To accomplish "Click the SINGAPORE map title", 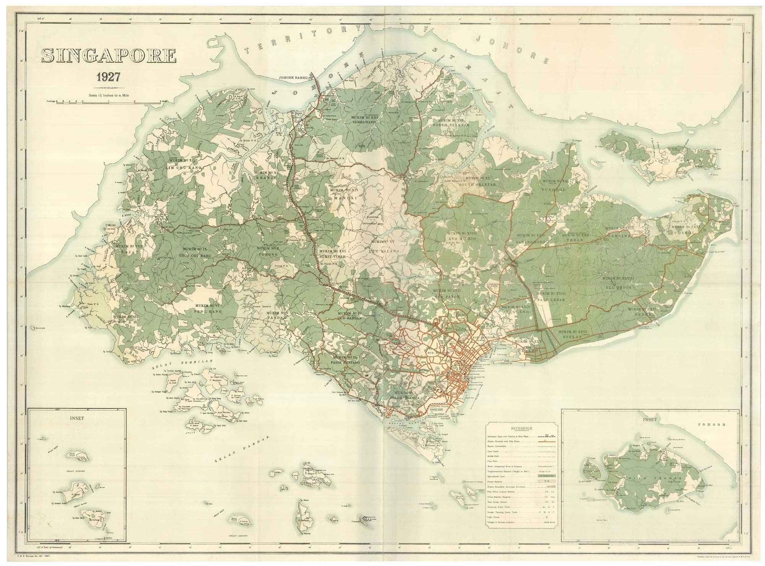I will (x=109, y=56).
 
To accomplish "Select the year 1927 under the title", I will (x=108, y=77).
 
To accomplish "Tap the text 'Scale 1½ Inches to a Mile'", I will (x=108, y=95).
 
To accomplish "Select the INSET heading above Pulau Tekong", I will (x=650, y=419).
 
